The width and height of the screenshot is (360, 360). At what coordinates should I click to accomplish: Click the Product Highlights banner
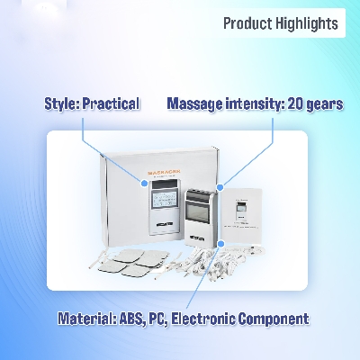click(281, 23)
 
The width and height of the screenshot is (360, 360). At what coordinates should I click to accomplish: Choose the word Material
click(85, 319)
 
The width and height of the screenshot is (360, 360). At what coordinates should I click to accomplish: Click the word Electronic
click(216, 319)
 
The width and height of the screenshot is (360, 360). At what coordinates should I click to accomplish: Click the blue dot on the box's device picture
click(144, 183)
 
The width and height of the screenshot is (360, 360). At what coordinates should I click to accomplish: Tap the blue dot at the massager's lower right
click(219, 242)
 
